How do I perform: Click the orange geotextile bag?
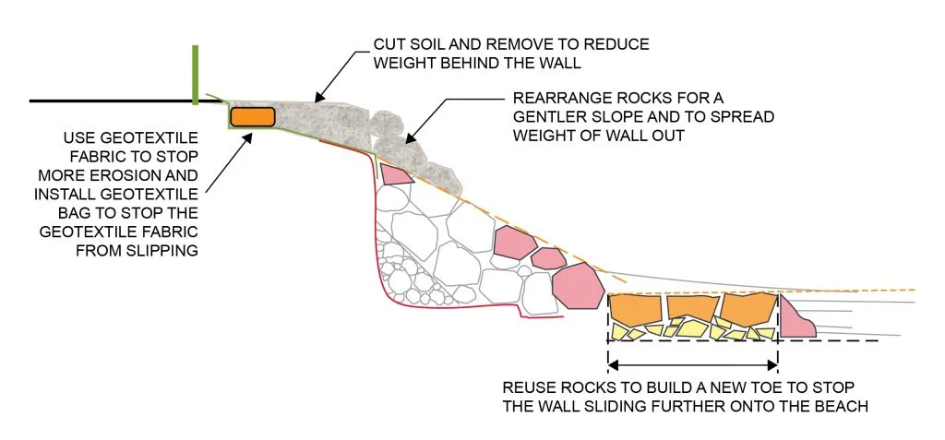(x=253, y=116)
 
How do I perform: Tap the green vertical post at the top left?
(x=196, y=73)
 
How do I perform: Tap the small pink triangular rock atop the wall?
(x=395, y=172)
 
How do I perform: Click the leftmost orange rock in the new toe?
(x=636, y=310)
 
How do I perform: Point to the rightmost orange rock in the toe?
(x=749, y=308)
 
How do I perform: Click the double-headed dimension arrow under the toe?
(x=692, y=361)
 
